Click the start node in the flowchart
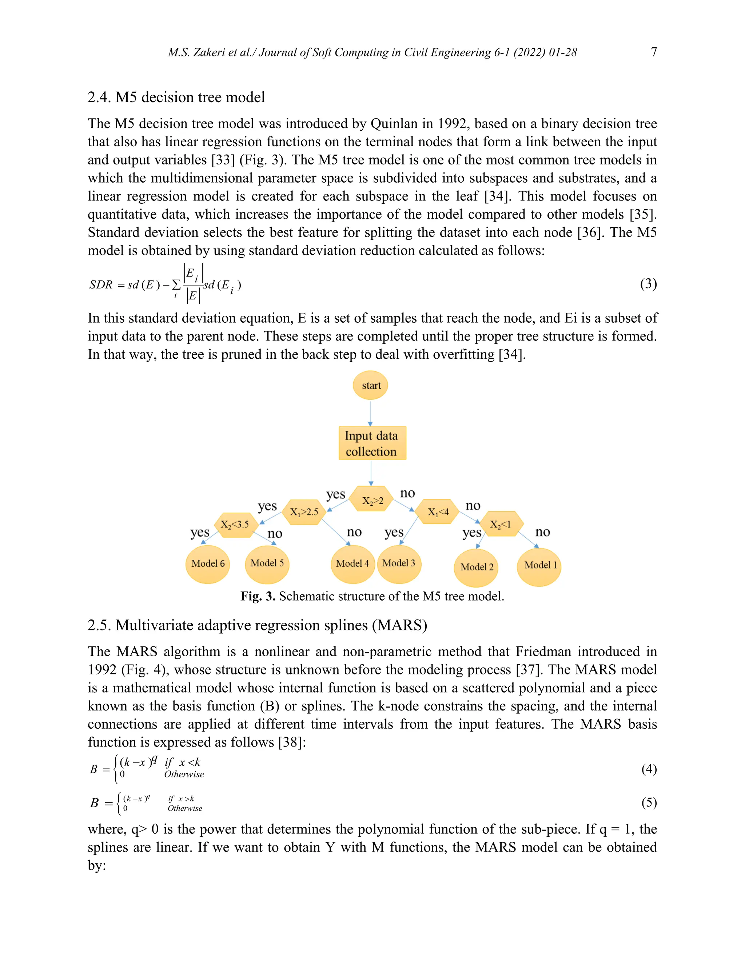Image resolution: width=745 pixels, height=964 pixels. point(370,385)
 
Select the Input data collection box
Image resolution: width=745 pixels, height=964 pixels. point(372,443)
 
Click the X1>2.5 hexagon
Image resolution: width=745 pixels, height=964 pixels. point(304,512)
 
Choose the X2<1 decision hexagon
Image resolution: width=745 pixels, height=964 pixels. point(501,524)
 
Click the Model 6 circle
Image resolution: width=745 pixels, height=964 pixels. point(208,563)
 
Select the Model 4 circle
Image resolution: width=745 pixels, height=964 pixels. point(352,563)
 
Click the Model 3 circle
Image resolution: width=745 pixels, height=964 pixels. point(399,563)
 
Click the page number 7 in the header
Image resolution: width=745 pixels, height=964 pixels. point(654,52)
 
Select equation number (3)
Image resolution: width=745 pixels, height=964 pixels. point(648,284)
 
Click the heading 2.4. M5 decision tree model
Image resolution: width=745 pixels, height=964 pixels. point(176,97)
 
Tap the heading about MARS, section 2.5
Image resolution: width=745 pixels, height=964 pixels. point(257,625)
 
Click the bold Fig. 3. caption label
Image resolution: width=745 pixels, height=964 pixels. point(258,596)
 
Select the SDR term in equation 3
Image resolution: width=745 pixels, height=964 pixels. point(101,285)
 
